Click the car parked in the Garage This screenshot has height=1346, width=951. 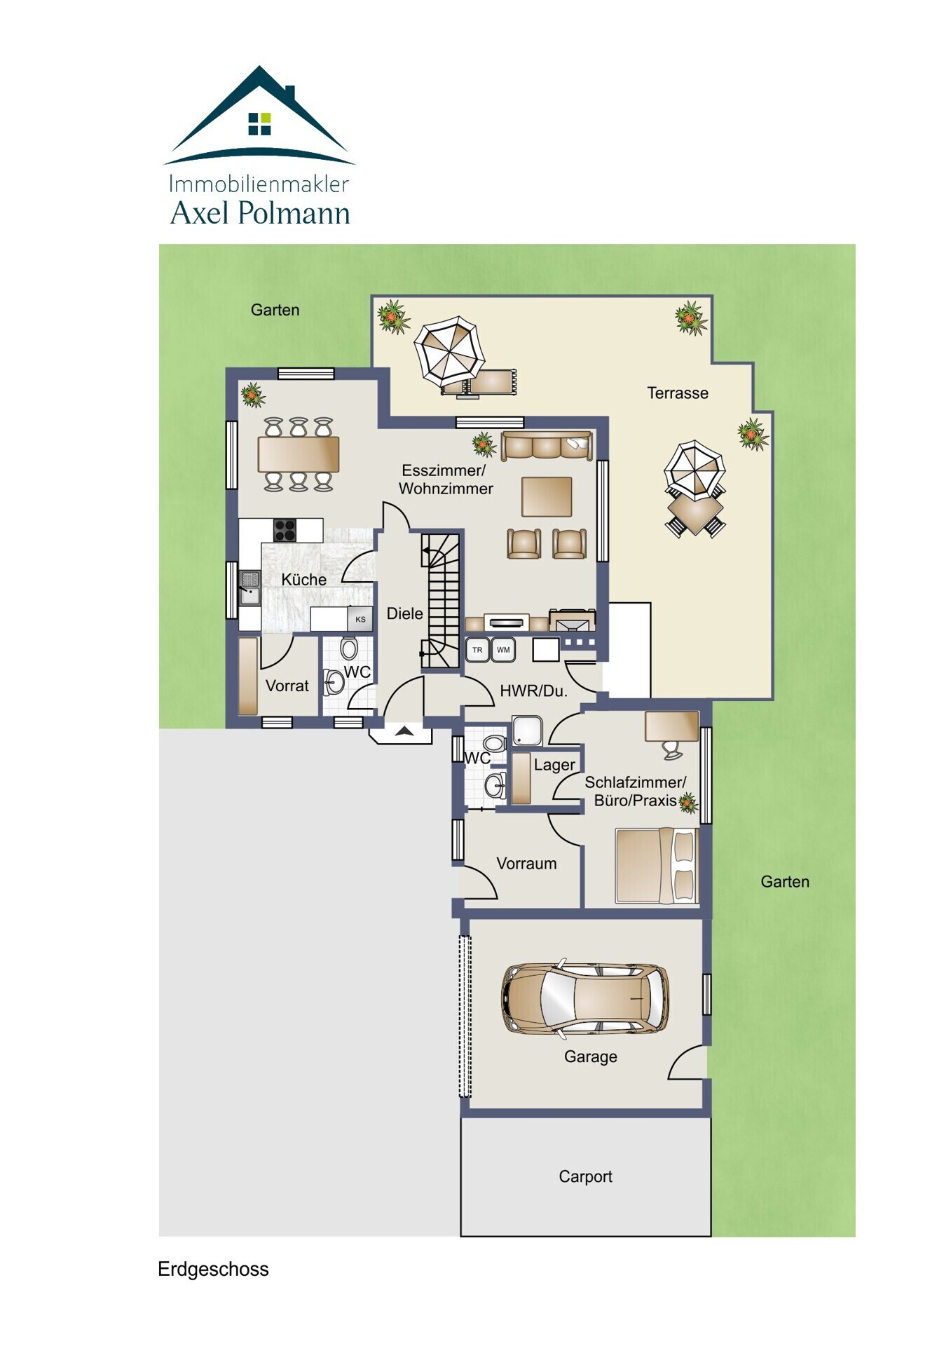585,998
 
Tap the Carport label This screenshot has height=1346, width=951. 585,1176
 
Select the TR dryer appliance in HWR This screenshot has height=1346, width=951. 477,650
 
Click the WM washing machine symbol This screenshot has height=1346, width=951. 503,650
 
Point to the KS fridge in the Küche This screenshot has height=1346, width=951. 360,619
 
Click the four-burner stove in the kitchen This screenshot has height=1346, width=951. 285,530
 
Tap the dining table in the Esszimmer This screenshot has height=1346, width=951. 299,454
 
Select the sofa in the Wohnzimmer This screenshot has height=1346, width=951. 547,447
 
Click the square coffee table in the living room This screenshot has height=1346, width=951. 547,496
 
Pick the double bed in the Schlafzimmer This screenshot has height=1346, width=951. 657,865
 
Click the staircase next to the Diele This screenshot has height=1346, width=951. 441,601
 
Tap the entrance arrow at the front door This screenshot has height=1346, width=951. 404,731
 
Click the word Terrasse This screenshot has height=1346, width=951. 678,393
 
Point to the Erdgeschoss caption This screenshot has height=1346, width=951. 213,1270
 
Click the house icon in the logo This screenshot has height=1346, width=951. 259,115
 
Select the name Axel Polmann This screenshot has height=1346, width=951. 260,213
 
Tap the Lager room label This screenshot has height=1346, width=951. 554,766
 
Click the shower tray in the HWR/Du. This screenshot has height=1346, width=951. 527,730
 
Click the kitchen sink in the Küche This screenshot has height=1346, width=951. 249,588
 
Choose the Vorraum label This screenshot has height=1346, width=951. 526,864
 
